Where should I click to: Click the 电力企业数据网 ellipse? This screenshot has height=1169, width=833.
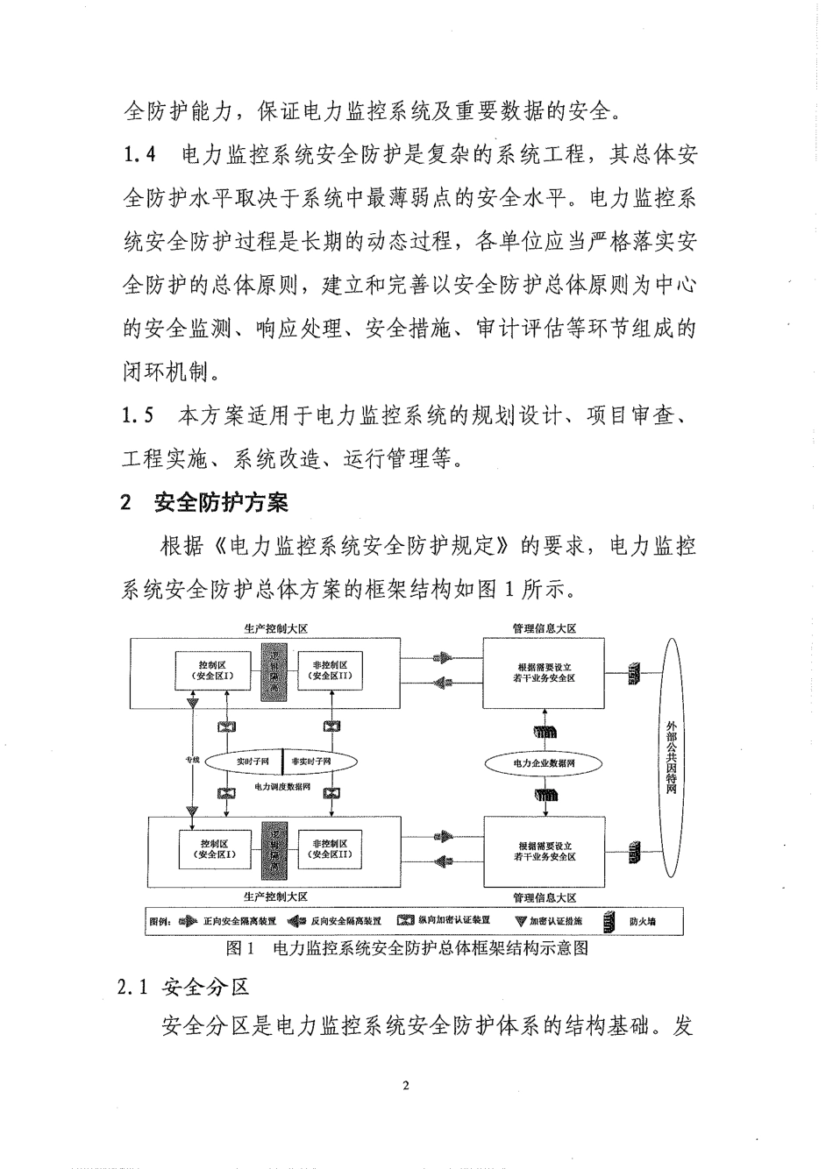pos(544,763)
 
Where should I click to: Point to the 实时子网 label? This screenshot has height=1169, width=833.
pos(252,762)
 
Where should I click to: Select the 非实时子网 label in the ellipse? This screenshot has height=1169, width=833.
pos(311,762)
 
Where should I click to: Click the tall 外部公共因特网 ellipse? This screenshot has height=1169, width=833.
pos(672,759)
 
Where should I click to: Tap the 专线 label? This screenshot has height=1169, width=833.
pos(192,759)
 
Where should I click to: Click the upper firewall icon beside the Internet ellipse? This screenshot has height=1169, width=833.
pos(633,673)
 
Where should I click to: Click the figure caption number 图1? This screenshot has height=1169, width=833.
pos(239,948)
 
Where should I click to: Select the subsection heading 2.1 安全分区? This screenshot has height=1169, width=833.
pos(182,987)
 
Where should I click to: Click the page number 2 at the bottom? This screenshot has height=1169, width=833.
pos(405,1088)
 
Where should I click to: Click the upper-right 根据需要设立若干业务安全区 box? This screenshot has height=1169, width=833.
pos(544,673)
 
